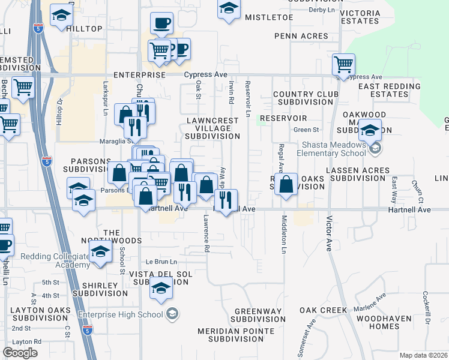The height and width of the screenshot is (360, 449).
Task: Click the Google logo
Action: click(20, 353)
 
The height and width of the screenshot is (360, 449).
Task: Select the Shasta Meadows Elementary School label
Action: click(325, 149)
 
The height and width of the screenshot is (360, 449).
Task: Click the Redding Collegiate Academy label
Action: click(47, 261)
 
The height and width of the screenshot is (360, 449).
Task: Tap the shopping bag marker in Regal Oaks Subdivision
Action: click(287, 185)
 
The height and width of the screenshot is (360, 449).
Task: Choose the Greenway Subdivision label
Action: click(259, 315)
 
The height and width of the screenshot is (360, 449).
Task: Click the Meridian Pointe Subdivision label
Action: click(241, 335)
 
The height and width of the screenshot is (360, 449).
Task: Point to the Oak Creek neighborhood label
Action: click(324, 310)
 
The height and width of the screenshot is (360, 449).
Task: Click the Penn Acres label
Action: click(301, 36)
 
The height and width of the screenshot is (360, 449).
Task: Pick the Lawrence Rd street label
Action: click(206, 233)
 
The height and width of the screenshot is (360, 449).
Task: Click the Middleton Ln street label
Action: click(283, 234)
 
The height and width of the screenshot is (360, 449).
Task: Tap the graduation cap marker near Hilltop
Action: click(61, 16)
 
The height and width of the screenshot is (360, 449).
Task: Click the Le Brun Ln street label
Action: click(161, 262)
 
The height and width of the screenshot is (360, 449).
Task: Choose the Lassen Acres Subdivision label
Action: click(359, 174)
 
